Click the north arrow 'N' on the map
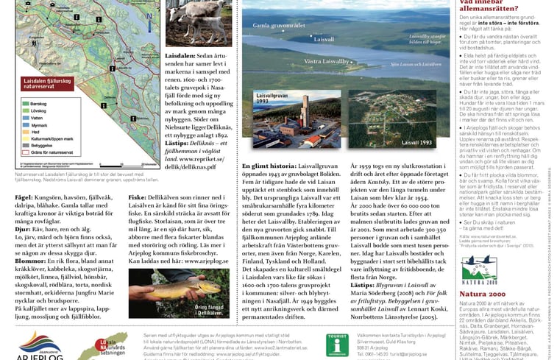pyautogui.click(x=149, y=15)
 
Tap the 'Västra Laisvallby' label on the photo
pyautogui.click(x=327, y=61)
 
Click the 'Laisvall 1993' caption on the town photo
pyautogui.click(x=437, y=142)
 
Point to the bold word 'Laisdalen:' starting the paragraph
pyautogui.click(x=180, y=56)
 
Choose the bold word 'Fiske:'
pyautogui.click(x=138, y=198)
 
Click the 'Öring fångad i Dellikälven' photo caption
pyautogui.click(x=213, y=306)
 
